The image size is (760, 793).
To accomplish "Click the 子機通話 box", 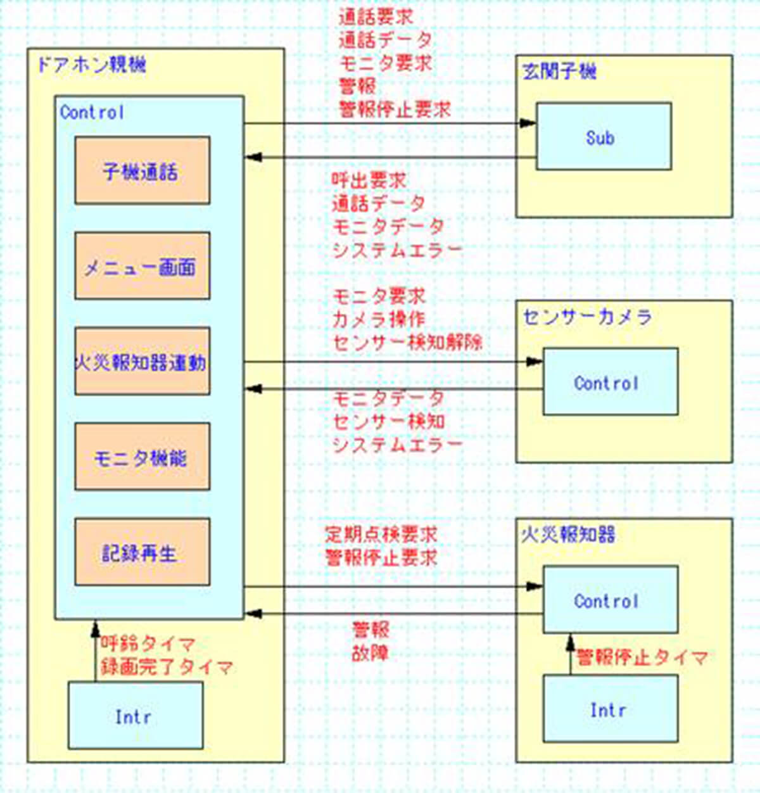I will tap(142, 170).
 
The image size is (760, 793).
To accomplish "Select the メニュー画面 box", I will tap(142, 266).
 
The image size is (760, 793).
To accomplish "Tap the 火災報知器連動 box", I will tap(142, 362).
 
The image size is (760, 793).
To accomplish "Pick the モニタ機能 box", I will tap(142, 457).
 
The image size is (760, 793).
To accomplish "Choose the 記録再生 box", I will tap(142, 552).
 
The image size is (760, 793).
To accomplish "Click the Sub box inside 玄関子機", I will tap(604, 137).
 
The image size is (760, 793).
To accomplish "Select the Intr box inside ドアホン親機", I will tap(136, 716).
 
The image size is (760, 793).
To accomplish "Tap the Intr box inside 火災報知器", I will tap(611, 709).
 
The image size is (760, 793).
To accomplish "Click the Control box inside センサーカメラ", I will tap(611, 382).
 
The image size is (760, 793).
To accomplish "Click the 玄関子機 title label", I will tap(559, 71).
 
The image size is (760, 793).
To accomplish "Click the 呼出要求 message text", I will tap(369, 181).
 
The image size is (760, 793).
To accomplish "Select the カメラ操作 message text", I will tap(379, 319).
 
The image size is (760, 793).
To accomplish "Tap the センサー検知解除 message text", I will tap(407, 343).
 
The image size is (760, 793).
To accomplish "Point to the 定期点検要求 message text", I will tap(381, 534).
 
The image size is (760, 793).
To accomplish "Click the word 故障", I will tap(370, 653).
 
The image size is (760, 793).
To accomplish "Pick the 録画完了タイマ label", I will tap(167, 667).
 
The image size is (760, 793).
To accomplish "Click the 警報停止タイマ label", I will tap(642, 657).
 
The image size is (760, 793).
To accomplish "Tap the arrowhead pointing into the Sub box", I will tap(528, 124).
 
